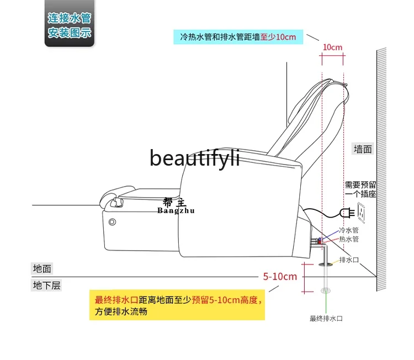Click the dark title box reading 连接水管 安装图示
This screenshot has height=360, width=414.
(x=70, y=25)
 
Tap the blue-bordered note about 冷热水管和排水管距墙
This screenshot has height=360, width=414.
(x=238, y=37)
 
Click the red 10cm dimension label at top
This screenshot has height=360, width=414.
(x=332, y=47)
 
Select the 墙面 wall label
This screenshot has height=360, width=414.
(x=363, y=149)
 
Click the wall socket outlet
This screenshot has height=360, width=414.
(x=362, y=210)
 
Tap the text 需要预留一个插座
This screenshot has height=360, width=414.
(x=360, y=189)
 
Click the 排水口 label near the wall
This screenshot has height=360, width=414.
(x=349, y=260)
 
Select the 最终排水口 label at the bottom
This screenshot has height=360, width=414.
(x=326, y=319)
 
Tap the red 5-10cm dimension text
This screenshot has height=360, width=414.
(x=280, y=276)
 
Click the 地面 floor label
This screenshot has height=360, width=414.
(x=43, y=268)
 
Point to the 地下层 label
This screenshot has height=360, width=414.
(x=46, y=285)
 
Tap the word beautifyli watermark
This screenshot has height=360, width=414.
(x=195, y=158)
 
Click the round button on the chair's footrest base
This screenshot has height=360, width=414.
(x=112, y=223)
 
